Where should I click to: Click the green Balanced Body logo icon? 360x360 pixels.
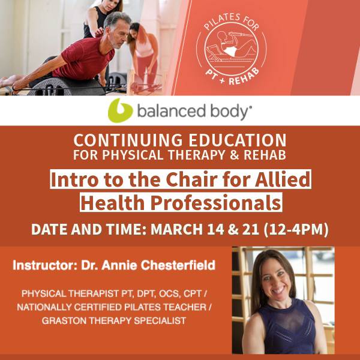click(x=120, y=110)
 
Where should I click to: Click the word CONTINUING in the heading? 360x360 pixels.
click(x=128, y=140)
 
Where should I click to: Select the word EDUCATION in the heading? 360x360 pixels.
click(x=238, y=140)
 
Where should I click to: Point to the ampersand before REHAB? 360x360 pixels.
click(x=234, y=155)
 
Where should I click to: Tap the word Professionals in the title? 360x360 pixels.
click(x=215, y=203)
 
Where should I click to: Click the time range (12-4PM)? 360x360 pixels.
click(x=296, y=229)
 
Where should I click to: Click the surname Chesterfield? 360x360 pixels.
click(x=178, y=265)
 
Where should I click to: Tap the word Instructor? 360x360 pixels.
click(x=45, y=265)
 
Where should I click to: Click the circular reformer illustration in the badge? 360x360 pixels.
click(x=231, y=49)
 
